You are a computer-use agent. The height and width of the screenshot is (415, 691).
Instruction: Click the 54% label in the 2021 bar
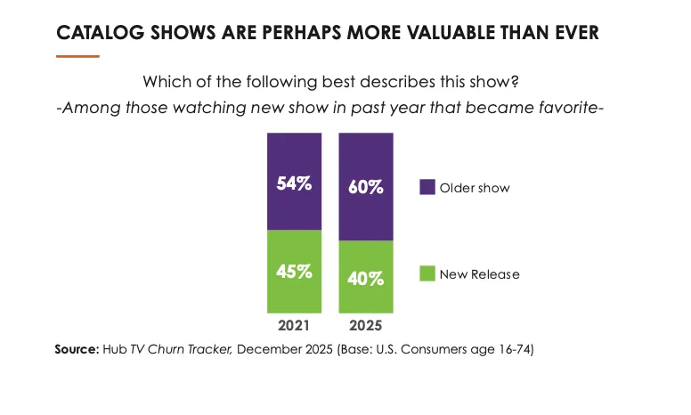(294, 184)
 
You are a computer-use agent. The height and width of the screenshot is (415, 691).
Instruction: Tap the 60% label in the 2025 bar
(365, 188)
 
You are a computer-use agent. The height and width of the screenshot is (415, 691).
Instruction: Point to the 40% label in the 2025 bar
(365, 278)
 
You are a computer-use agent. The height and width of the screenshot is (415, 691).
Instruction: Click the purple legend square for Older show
(427, 187)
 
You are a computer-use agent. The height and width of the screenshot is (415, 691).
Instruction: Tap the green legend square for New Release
(427, 273)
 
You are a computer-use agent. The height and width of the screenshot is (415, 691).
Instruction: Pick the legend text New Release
(479, 273)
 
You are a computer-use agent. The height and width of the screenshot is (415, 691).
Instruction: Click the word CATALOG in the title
(93, 34)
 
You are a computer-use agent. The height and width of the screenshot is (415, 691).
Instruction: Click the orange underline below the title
(77, 56)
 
